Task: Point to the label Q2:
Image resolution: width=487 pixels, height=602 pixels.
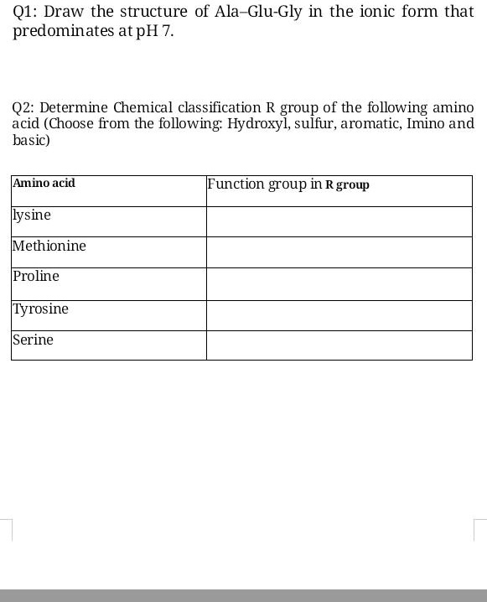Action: click(23, 108)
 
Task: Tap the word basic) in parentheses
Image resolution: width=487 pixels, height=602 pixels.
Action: click(31, 140)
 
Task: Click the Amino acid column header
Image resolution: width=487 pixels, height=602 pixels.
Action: click(44, 182)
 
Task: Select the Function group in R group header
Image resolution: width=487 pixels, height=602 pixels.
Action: click(288, 184)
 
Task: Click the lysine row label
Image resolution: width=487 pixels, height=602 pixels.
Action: click(32, 215)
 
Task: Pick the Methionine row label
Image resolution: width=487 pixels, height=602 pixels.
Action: click(49, 246)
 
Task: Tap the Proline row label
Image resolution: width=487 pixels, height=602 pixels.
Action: click(36, 276)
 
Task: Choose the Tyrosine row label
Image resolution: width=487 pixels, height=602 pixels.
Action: click(41, 309)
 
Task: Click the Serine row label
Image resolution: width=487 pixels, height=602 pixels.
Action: click(34, 340)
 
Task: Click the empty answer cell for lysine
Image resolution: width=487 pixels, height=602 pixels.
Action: click(339, 221)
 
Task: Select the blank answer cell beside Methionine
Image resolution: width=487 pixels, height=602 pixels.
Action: click(339, 252)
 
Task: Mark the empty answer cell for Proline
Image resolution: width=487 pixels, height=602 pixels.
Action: click(339, 283)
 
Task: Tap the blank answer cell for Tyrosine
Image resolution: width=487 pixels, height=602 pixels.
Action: click(339, 314)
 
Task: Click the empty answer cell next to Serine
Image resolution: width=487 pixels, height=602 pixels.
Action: click(339, 345)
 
